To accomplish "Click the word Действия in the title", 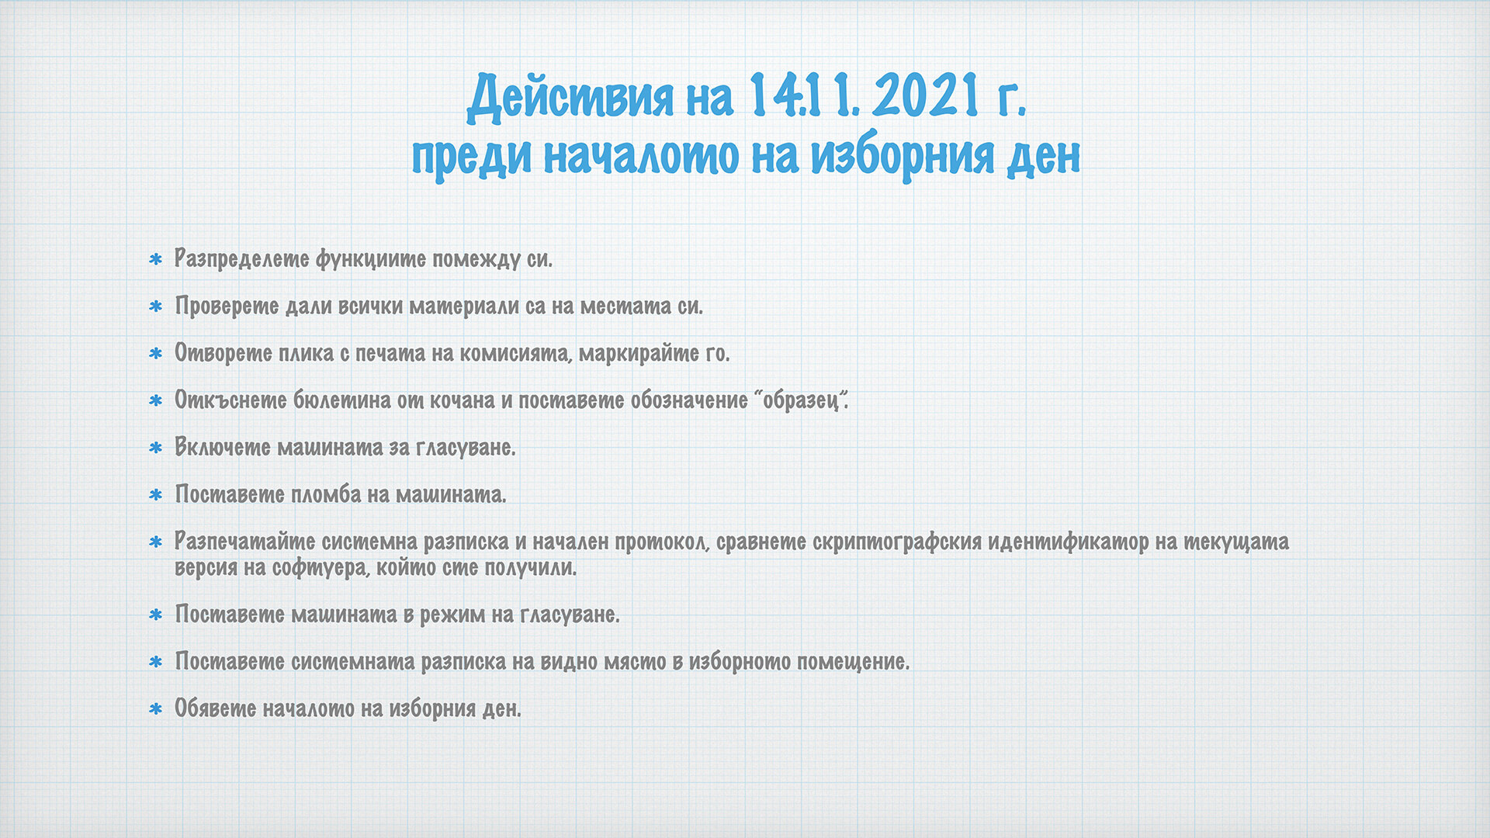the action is click(570, 98).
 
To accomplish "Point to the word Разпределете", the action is click(241, 258).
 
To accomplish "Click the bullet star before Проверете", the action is click(156, 306).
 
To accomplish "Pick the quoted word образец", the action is click(800, 400).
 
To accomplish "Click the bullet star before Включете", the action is click(156, 448).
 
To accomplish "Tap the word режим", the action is click(452, 615).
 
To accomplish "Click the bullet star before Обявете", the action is click(156, 708).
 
